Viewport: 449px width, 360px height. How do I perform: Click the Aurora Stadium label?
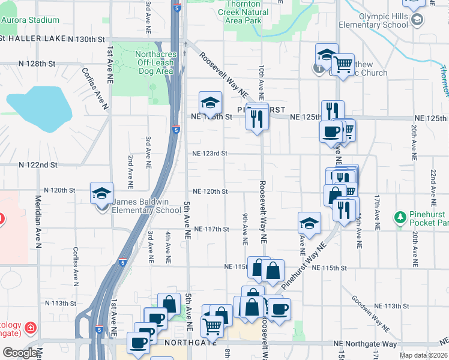click(x=30, y=20)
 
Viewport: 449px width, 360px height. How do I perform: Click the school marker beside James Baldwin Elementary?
click(x=101, y=194)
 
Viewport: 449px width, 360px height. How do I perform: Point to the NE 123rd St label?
click(x=209, y=154)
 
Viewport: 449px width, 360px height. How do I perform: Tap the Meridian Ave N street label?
click(x=38, y=221)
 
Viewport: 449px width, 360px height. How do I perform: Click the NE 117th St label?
click(x=212, y=229)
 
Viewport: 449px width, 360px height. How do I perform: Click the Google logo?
click(x=20, y=353)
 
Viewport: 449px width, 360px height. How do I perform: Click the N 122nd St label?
click(x=38, y=164)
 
